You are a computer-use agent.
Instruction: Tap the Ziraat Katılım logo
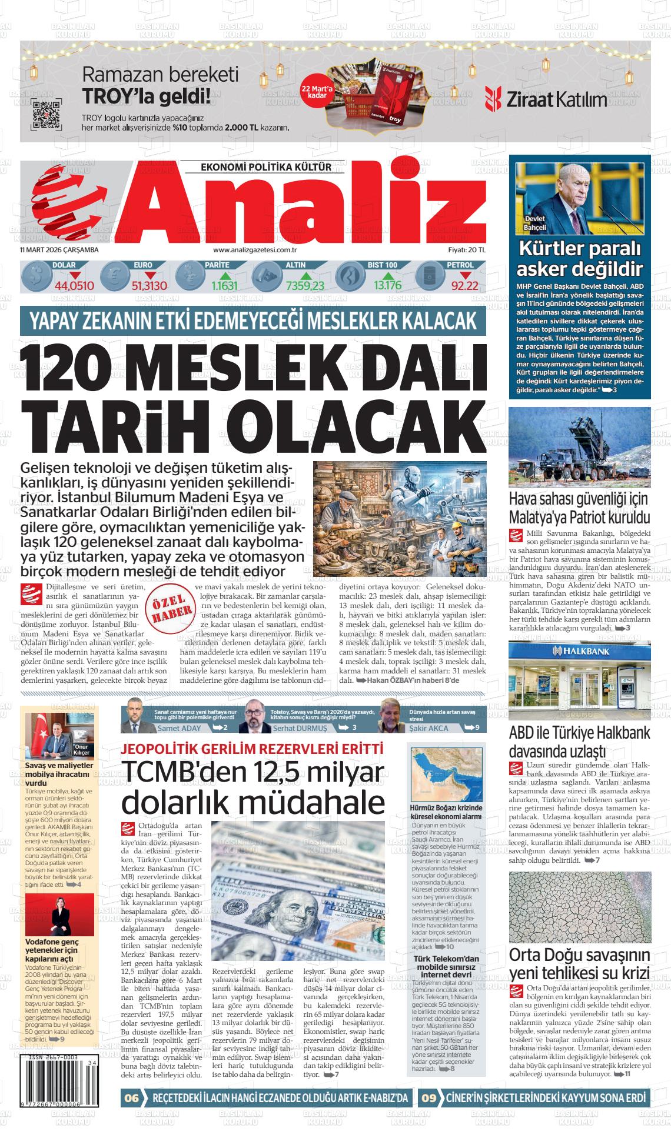pos(546,99)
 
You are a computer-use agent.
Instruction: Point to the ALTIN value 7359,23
pos(305,286)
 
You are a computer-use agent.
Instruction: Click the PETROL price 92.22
pos(464,286)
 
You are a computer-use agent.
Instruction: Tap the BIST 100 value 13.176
pos(387,286)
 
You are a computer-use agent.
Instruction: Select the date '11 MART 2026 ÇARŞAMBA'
pos(59,250)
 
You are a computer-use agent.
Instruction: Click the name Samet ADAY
pos(179,728)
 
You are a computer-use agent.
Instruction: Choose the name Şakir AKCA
pos(428,728)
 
